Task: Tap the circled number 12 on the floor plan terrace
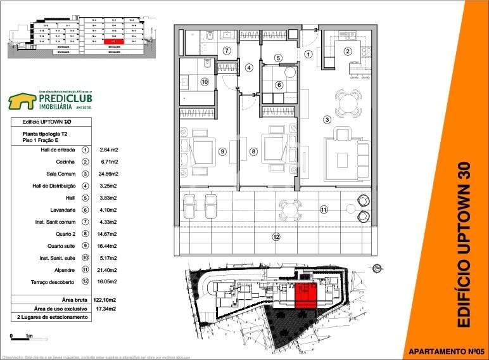pos(276,237)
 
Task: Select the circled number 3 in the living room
pos(327,119)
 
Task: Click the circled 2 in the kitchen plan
pos(347,52)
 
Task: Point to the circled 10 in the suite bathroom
pos(205,82)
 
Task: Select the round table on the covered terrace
pos(290,209)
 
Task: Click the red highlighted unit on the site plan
pos(306,296)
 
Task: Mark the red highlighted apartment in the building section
pos(113,42)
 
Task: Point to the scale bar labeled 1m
pos(21,336)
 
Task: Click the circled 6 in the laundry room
pos(279,86)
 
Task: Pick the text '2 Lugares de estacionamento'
pos(53,317)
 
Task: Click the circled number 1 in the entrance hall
pos(308,55)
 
